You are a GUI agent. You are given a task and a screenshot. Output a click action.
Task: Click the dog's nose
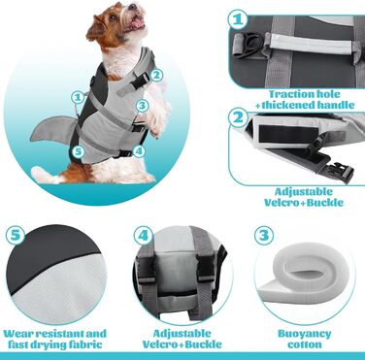pyautogui.click(x=131, y=7)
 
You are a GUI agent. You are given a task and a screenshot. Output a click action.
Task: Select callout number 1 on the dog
pyautogui.click(x=78, y=97)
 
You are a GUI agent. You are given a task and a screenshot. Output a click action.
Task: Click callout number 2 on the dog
pyautogui.click(x=156, y=75)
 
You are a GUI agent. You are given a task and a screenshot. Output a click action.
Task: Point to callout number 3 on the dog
pyautogui.click(x=142, y=106)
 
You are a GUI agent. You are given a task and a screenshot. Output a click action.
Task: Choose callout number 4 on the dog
pyautogui.click(x=139, y=151)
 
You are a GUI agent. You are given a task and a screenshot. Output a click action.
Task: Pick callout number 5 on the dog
pyautogui.click(x=78, y=151)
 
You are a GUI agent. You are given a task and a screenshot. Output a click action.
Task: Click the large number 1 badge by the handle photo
pyautogui.click(x=238, y=19)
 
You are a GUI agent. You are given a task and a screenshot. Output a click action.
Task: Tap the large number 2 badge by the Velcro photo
pyautogui.click(x=238, y=117)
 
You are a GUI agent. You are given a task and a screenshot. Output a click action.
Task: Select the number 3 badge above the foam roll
pyautogui.click(x=264, y=235)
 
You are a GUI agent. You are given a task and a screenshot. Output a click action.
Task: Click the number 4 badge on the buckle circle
pyautogui.click(x=143, y=235)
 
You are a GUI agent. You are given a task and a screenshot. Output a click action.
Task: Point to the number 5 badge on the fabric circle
pyautogui.click(x=16, y=235)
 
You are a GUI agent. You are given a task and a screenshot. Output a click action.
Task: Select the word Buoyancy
pyautogui.click(x=305, y=334)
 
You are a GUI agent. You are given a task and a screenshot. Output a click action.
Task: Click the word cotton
pyautogui.click(x=305, y=344)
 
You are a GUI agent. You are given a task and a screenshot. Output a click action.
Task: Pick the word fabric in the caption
pyautogui.click(x=83, y=344)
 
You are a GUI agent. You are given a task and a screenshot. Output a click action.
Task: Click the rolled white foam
pyautogui.click(x=304, y=278)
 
